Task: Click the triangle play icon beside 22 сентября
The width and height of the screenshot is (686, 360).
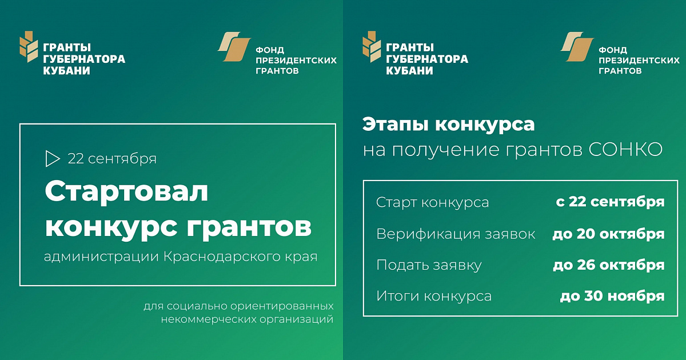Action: [x=51, y=159]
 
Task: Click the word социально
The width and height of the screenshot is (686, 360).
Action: [x=197, y=306]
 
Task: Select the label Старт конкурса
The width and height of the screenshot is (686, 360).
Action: [x=432, y=203]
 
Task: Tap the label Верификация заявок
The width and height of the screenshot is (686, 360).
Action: [x=456, y=234]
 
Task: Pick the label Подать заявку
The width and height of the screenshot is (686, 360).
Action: [x=429, y=265]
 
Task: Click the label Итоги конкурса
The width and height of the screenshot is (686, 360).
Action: [x=434, y=296]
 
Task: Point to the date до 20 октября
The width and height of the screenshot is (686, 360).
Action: [x=608, y=234]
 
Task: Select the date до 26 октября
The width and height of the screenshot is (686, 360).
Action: [x=609, y=265]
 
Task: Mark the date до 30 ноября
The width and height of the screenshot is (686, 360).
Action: [x=612, y=296]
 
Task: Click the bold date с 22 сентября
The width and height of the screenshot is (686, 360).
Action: [x=611, y=202]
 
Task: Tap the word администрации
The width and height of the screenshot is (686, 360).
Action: [x=101, y=257]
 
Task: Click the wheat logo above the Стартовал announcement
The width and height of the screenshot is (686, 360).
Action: [x=29, y=46]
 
